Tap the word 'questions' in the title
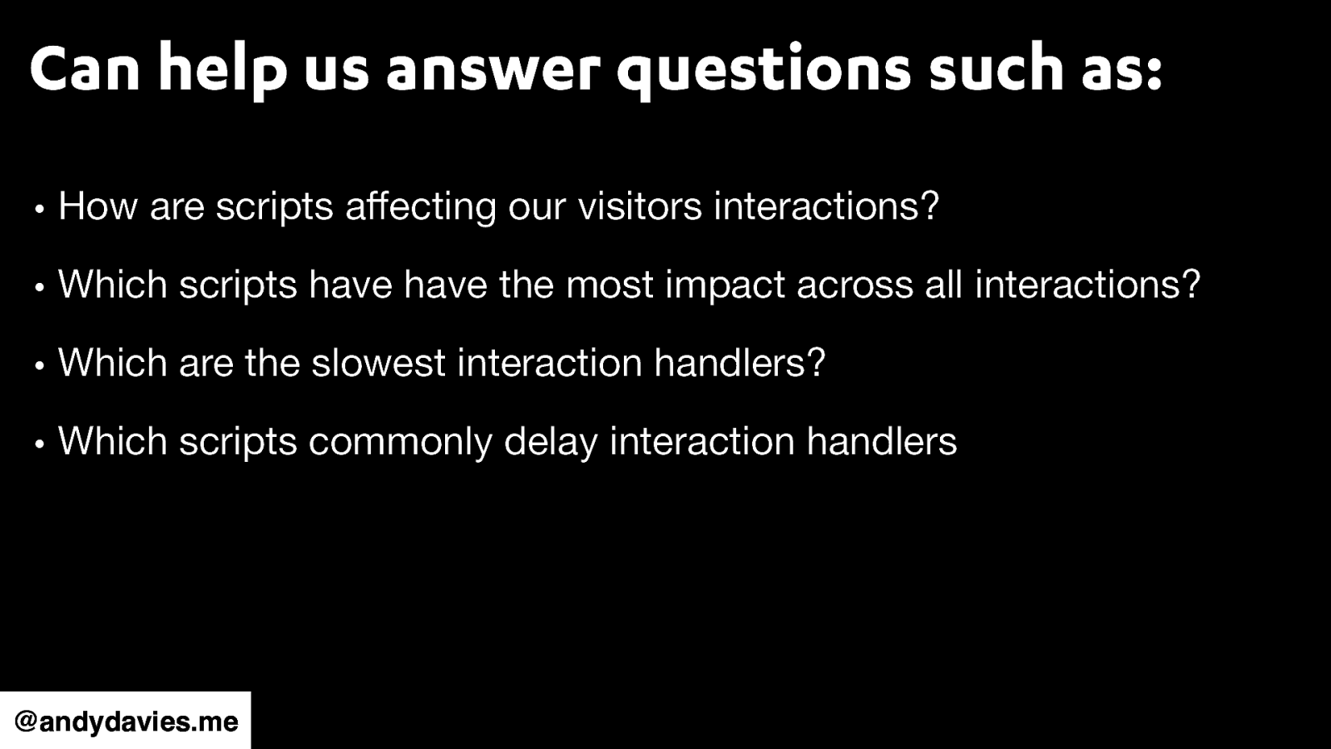coord(764,70)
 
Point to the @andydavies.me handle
coord(126,721)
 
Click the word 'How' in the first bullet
coord(97,206)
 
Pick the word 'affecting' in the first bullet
coord(421,206)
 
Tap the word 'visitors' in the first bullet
coord(640,206)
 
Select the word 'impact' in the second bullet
coord(725,285)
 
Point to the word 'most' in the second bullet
coord(610,285)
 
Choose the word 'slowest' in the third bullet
coord(379,363)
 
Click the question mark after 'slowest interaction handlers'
coord(816,363)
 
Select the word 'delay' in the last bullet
coord(550,441)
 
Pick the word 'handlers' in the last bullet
coord(882,441)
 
